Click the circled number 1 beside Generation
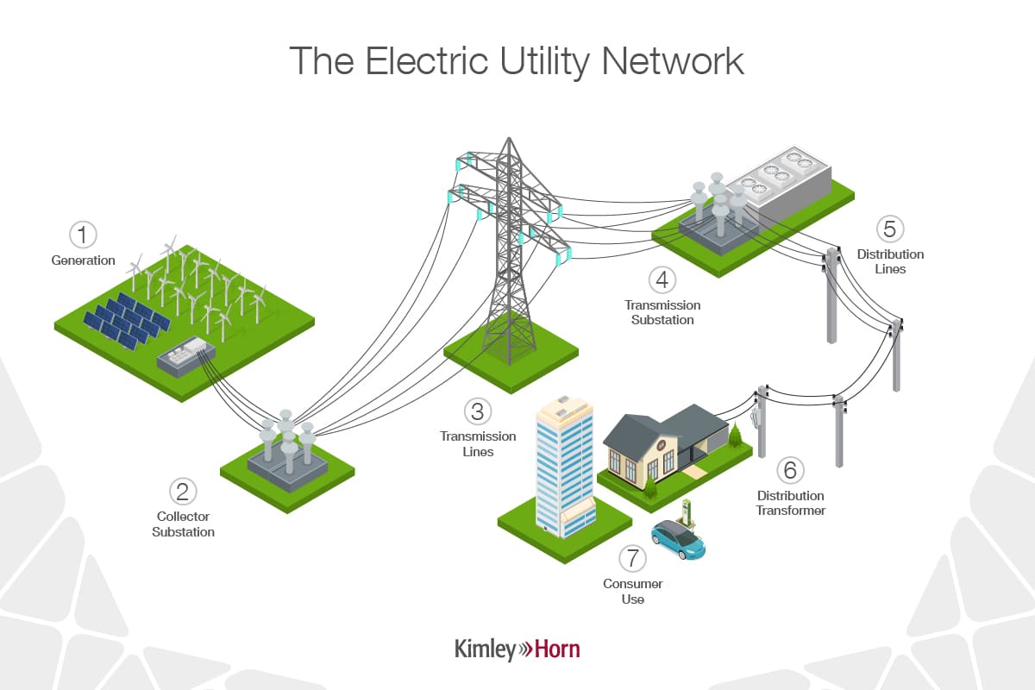(x=84, y=235)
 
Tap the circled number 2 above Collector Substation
(x=183, y=492)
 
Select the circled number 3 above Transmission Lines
(x=478, y=411)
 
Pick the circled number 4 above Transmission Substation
(x=662, y=280)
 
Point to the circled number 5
(x=890, y=229)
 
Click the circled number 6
(x=790, y=471)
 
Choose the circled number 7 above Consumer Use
(x=632, y=558)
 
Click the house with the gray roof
(x=664, y=444)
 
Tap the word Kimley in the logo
(x=485, y=649)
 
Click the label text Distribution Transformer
(x=790, y=503)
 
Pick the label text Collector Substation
(x=183, y=524)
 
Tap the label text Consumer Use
(x=632, y=591)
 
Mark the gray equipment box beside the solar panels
(x=183, y=355)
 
